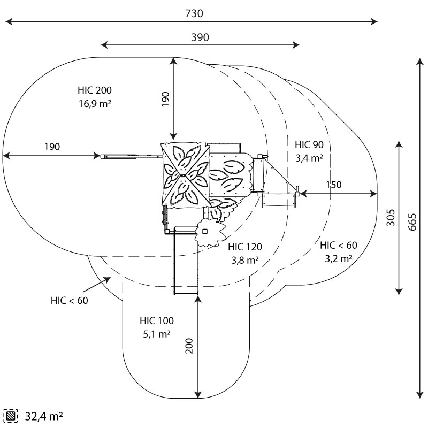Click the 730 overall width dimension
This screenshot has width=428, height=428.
194,14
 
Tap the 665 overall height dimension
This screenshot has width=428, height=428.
412,220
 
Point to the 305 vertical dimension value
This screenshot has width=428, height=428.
391,218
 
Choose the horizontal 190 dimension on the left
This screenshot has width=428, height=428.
51,147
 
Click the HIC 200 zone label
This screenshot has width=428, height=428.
94,90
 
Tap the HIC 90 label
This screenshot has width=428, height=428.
309,144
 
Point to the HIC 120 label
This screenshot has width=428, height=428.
245,247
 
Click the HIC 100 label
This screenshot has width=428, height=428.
157,321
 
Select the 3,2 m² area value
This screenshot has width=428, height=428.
338,258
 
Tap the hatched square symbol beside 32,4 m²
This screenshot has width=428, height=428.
11,416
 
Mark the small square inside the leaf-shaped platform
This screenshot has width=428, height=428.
204,231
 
